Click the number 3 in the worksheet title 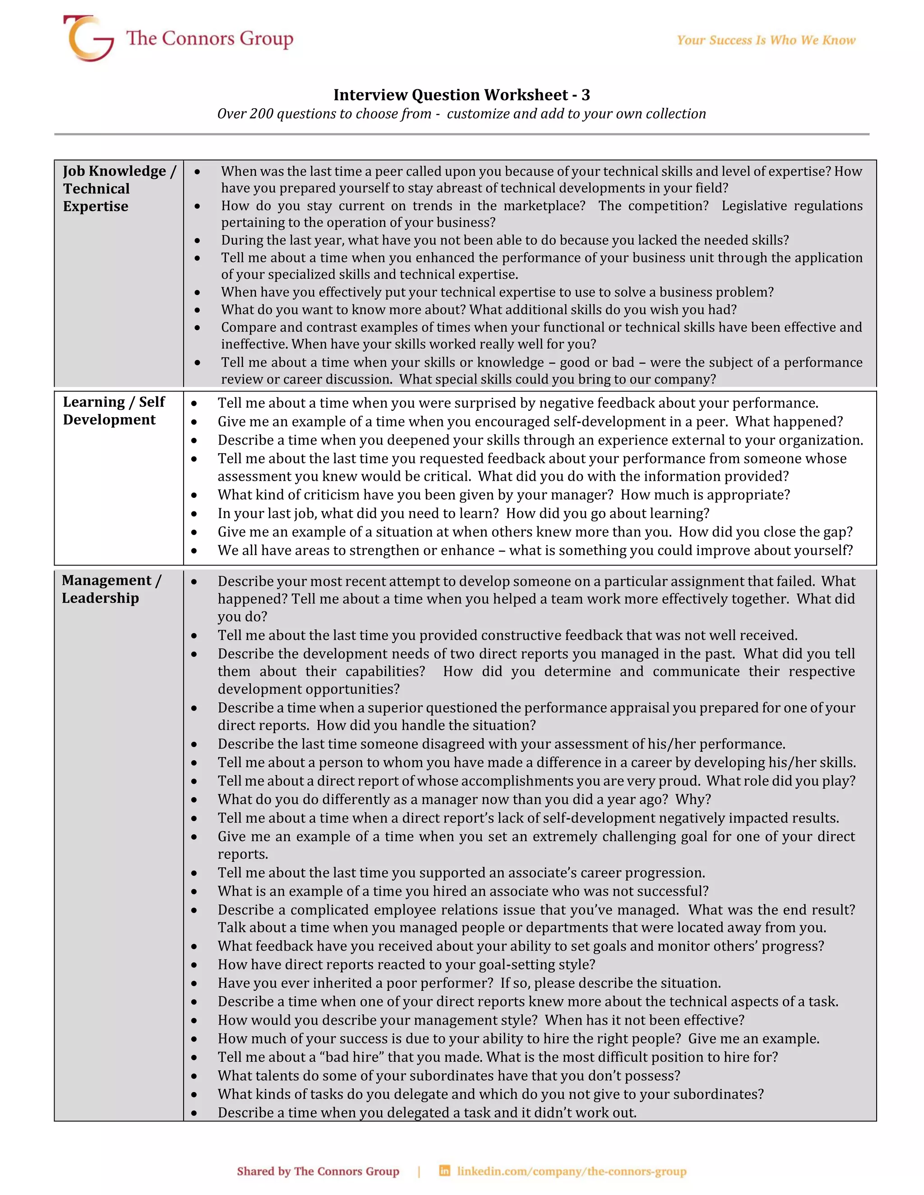click(585, 95)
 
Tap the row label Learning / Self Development click(114, 410)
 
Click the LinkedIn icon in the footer click(444, 1171)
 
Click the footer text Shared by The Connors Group click(318, 1172)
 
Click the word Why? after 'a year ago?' click(693, 800)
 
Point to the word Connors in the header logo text click(199, 38)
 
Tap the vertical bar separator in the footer click(419, 1172)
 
